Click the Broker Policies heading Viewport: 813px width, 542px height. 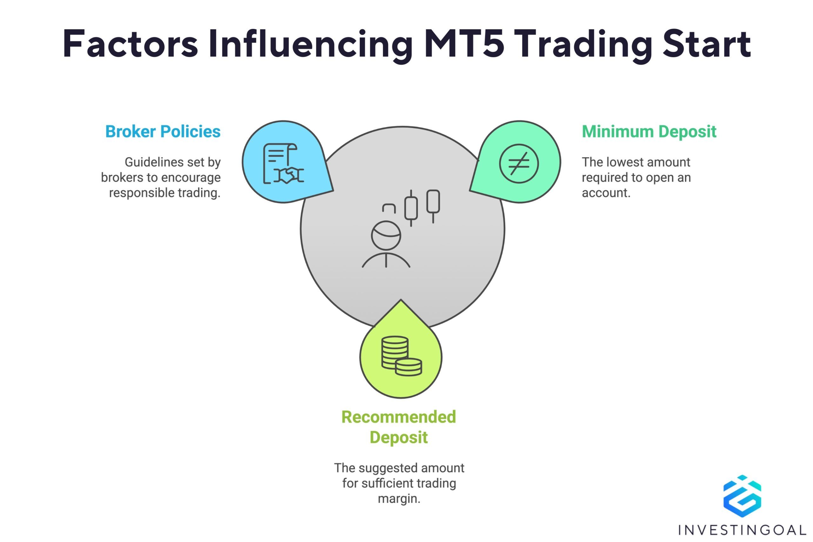click(x=163, y=132)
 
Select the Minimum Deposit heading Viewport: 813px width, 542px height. click(x=649, y=132)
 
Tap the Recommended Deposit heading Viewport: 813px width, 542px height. click(x=399, y=427)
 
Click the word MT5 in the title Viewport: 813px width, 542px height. click(x=464, y=44)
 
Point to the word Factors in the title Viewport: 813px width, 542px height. click(x=130, y=44)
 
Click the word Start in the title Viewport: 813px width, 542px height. click(x=707, y=44)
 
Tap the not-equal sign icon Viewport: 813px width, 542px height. click(x=519, y=164)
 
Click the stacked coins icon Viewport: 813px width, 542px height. click(x=401, y=356)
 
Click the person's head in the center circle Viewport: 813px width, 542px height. click(x=386, y=235)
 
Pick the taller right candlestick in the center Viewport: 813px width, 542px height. click(x=433, y=206)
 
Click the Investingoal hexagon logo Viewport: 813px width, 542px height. click(x=742, y=496)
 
